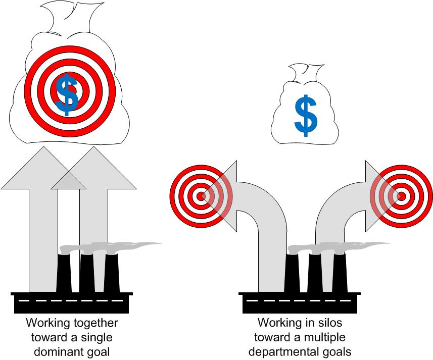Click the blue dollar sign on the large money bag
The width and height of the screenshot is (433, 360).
[67, 94]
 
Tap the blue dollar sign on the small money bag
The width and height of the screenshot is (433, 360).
[306, 116]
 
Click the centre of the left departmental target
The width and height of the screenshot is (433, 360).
[201, 196]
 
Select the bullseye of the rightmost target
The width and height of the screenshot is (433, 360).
[401, 196]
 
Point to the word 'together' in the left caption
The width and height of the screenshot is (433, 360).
[95, 323]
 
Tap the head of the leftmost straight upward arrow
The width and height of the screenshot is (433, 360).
[43, 168]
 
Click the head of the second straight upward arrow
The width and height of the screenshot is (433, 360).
[93, 168]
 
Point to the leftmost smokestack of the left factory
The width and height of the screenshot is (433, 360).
[64, 273]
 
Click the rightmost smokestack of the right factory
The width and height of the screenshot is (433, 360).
[340, 273]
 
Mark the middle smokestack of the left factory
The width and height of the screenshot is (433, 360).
[87, 273]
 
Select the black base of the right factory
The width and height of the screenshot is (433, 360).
[300, 302]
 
